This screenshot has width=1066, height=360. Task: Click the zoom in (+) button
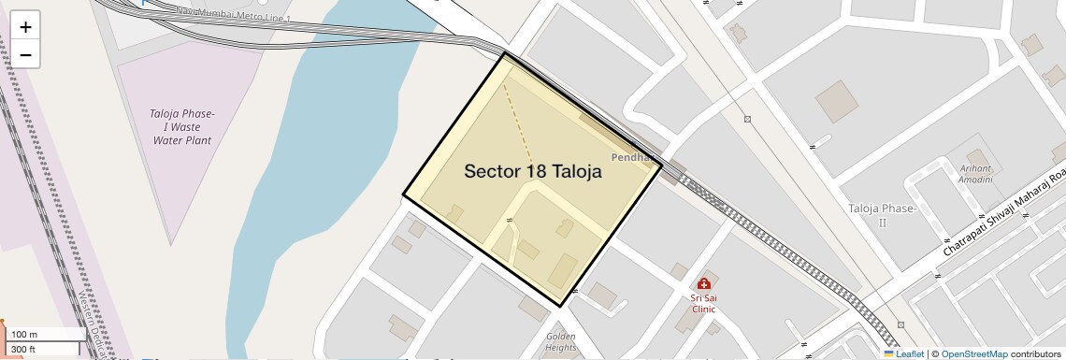pyautogui.click(x=26, y=27)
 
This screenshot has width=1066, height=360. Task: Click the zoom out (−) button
pyautogui.click(x=26, y=55)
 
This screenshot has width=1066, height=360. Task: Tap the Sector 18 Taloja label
pyautogui.click(x=532, y=172)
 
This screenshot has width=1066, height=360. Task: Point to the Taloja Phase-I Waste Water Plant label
pyautogui.click(x=182, y=126)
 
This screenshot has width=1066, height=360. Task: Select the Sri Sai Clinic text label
pyautogui.click(x=703, y=302)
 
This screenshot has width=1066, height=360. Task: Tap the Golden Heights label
pyautogui.click(x=561, y=341)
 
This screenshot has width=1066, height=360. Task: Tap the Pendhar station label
pyautogui.click(x=629, y=157)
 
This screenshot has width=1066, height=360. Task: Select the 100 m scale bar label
pyautogui.click(x=24, y=335)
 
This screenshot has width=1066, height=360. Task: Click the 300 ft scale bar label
pyautogui.click(x=24, y=350)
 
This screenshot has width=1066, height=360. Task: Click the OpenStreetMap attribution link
pyautogui.click(x=974, y=354)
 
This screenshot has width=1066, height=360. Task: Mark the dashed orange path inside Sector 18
pyautogui.click(x=519, y=122)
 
